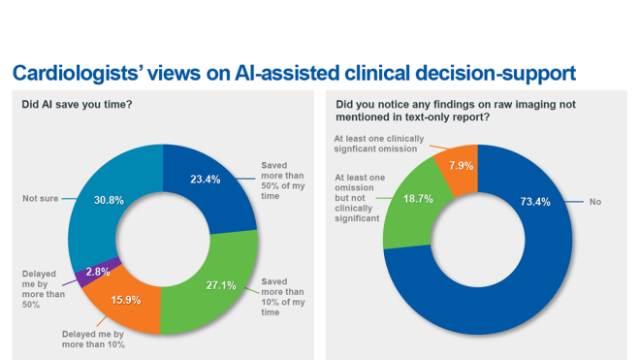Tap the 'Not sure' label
42,198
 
